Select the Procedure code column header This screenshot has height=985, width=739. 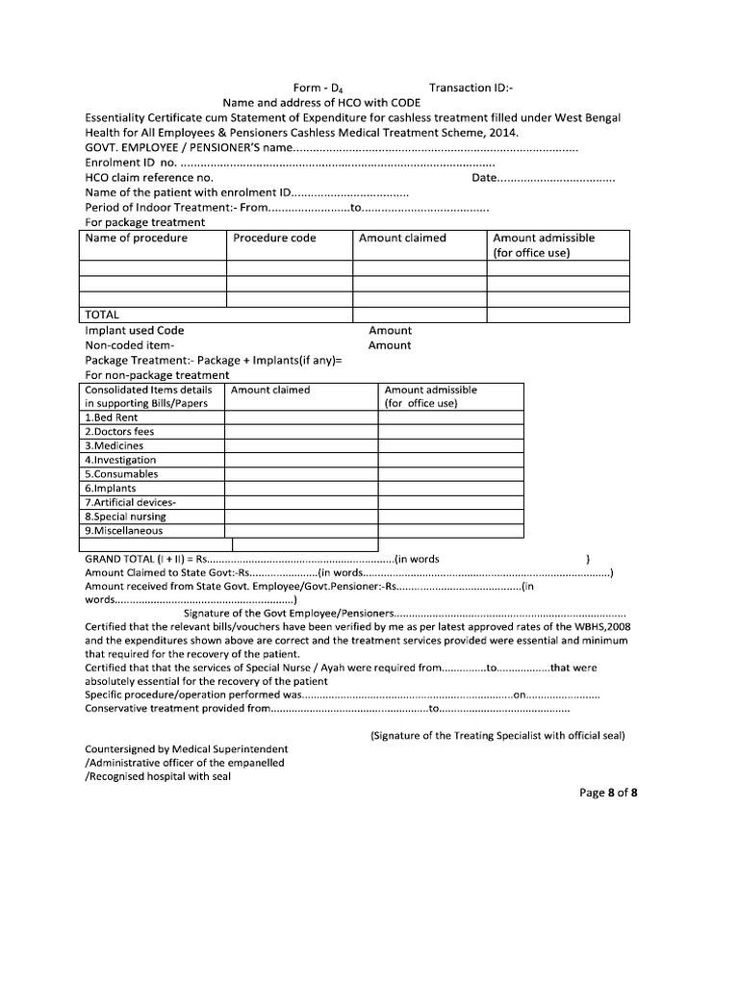pos(274,238)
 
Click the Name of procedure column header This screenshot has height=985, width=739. pos(137,238)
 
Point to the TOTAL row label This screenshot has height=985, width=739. pos(103,315)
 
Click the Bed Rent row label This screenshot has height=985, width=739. pos(112,417)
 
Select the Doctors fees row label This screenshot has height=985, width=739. pos(119,432)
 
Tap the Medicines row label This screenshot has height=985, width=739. pos(115,446)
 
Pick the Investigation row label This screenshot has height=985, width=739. pos(120,460)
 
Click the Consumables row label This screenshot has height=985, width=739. pos(121,474)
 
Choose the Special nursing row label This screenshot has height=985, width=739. pos(126,517)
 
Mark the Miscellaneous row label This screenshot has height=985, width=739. pos(124,531)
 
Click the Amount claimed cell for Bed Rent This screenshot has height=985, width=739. pos(300,417)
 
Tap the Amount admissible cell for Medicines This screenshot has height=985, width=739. pos(449,446)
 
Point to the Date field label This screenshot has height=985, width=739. pos(485,178)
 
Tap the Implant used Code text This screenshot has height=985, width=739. pos(135,330)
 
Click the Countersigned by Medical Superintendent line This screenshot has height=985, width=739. pos(186,748)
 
